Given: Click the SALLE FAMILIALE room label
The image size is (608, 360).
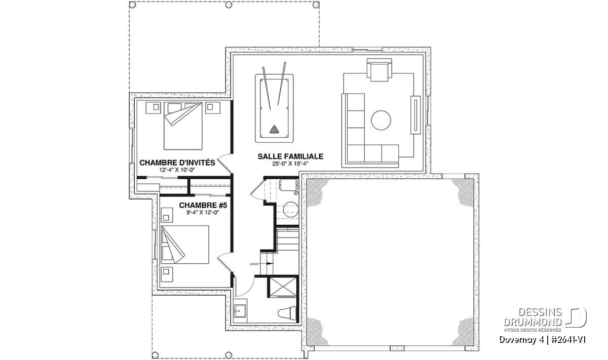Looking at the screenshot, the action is click(x=290, y=156).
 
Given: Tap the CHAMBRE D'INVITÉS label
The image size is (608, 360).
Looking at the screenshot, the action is click(x=177, y=163).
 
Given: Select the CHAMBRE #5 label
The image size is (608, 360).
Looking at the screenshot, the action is click(x=203, y=206).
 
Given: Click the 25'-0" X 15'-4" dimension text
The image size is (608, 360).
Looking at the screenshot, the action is click(x=290, y=164).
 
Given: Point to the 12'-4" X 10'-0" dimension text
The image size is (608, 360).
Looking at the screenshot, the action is click(x=177, y=170).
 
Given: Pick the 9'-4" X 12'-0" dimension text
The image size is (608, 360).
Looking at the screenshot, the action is click(x=203, y=213).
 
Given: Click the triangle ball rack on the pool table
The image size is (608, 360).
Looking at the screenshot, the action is click(x=274, y=130).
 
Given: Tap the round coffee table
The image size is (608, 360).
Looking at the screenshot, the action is click(x=381, y=120).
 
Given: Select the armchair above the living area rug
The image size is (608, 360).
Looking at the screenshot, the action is click(x=379, y=70).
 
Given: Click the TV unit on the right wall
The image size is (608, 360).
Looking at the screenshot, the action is click(x=415, y=115).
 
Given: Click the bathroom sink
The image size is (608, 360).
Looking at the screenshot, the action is click(x=240, y=310).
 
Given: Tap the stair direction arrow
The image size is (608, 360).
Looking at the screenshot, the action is click(x=261, y=263).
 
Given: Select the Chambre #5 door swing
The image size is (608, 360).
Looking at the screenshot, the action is click(x=225, y=262).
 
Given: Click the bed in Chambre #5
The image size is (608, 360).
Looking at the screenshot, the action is click(x=185, y=245).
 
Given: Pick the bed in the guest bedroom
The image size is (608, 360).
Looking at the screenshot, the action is click(x=183, y=126).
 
